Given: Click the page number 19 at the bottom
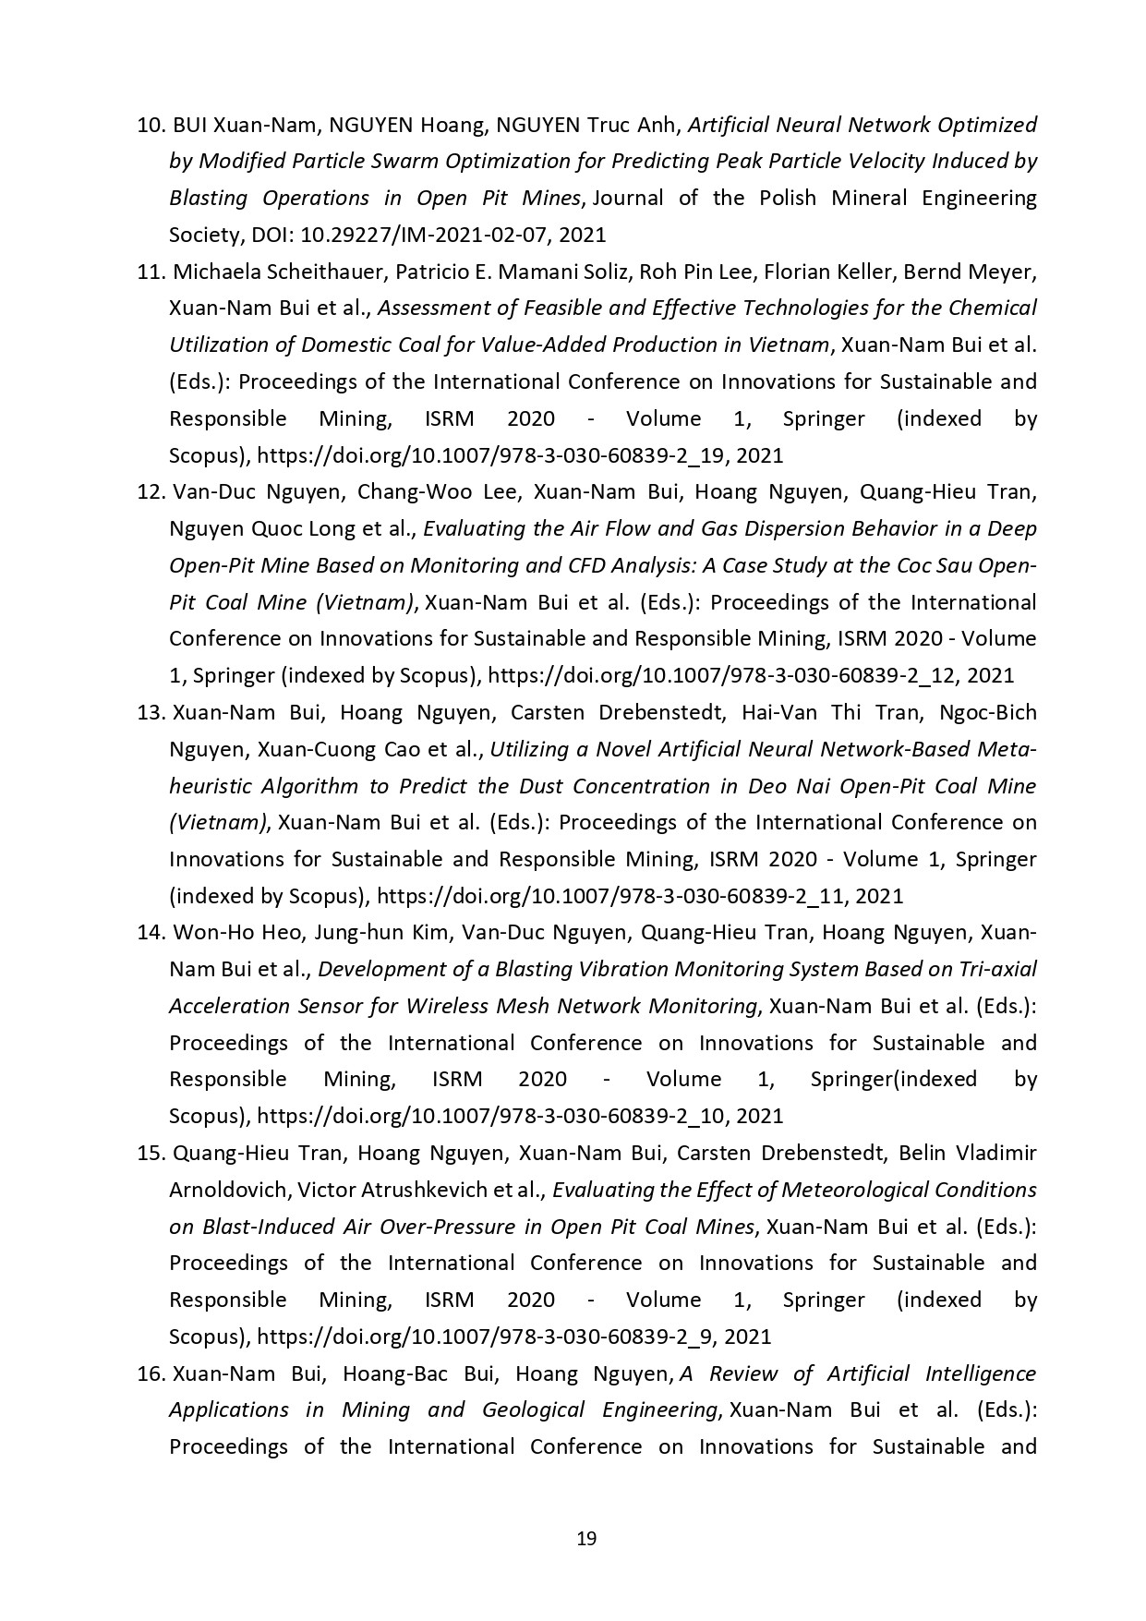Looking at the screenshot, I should (x=585, y=1539).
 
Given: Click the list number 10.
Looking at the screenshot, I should (x=150, y=125).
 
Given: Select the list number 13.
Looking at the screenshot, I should (x=150, y=713).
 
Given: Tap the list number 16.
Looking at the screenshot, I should (x=150, y=1374).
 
